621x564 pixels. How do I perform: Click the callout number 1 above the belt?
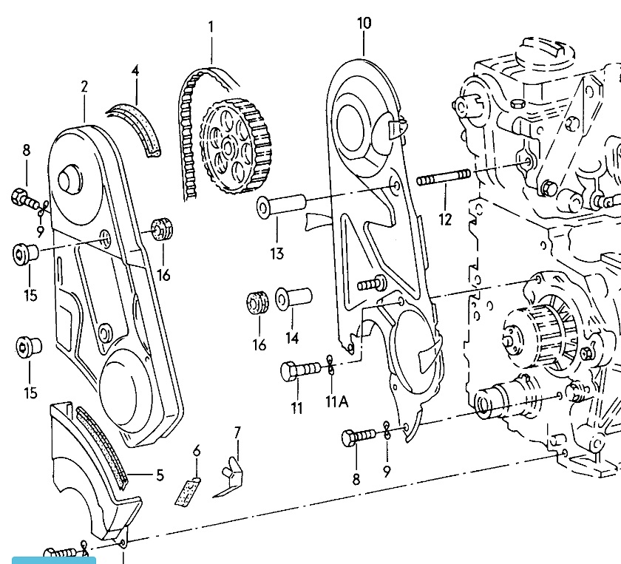point(211,27)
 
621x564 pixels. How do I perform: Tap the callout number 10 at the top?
point(364,23)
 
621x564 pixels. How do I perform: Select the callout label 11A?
point(336,401)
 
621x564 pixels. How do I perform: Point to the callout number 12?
point(445,219)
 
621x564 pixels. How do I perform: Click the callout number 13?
point(276,254)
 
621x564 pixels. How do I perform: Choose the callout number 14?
point(292,338)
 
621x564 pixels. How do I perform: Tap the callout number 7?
point(237,432)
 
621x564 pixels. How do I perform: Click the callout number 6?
point(197,450)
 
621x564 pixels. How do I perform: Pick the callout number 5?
point(160,475)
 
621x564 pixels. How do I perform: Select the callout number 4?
point(135,70)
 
